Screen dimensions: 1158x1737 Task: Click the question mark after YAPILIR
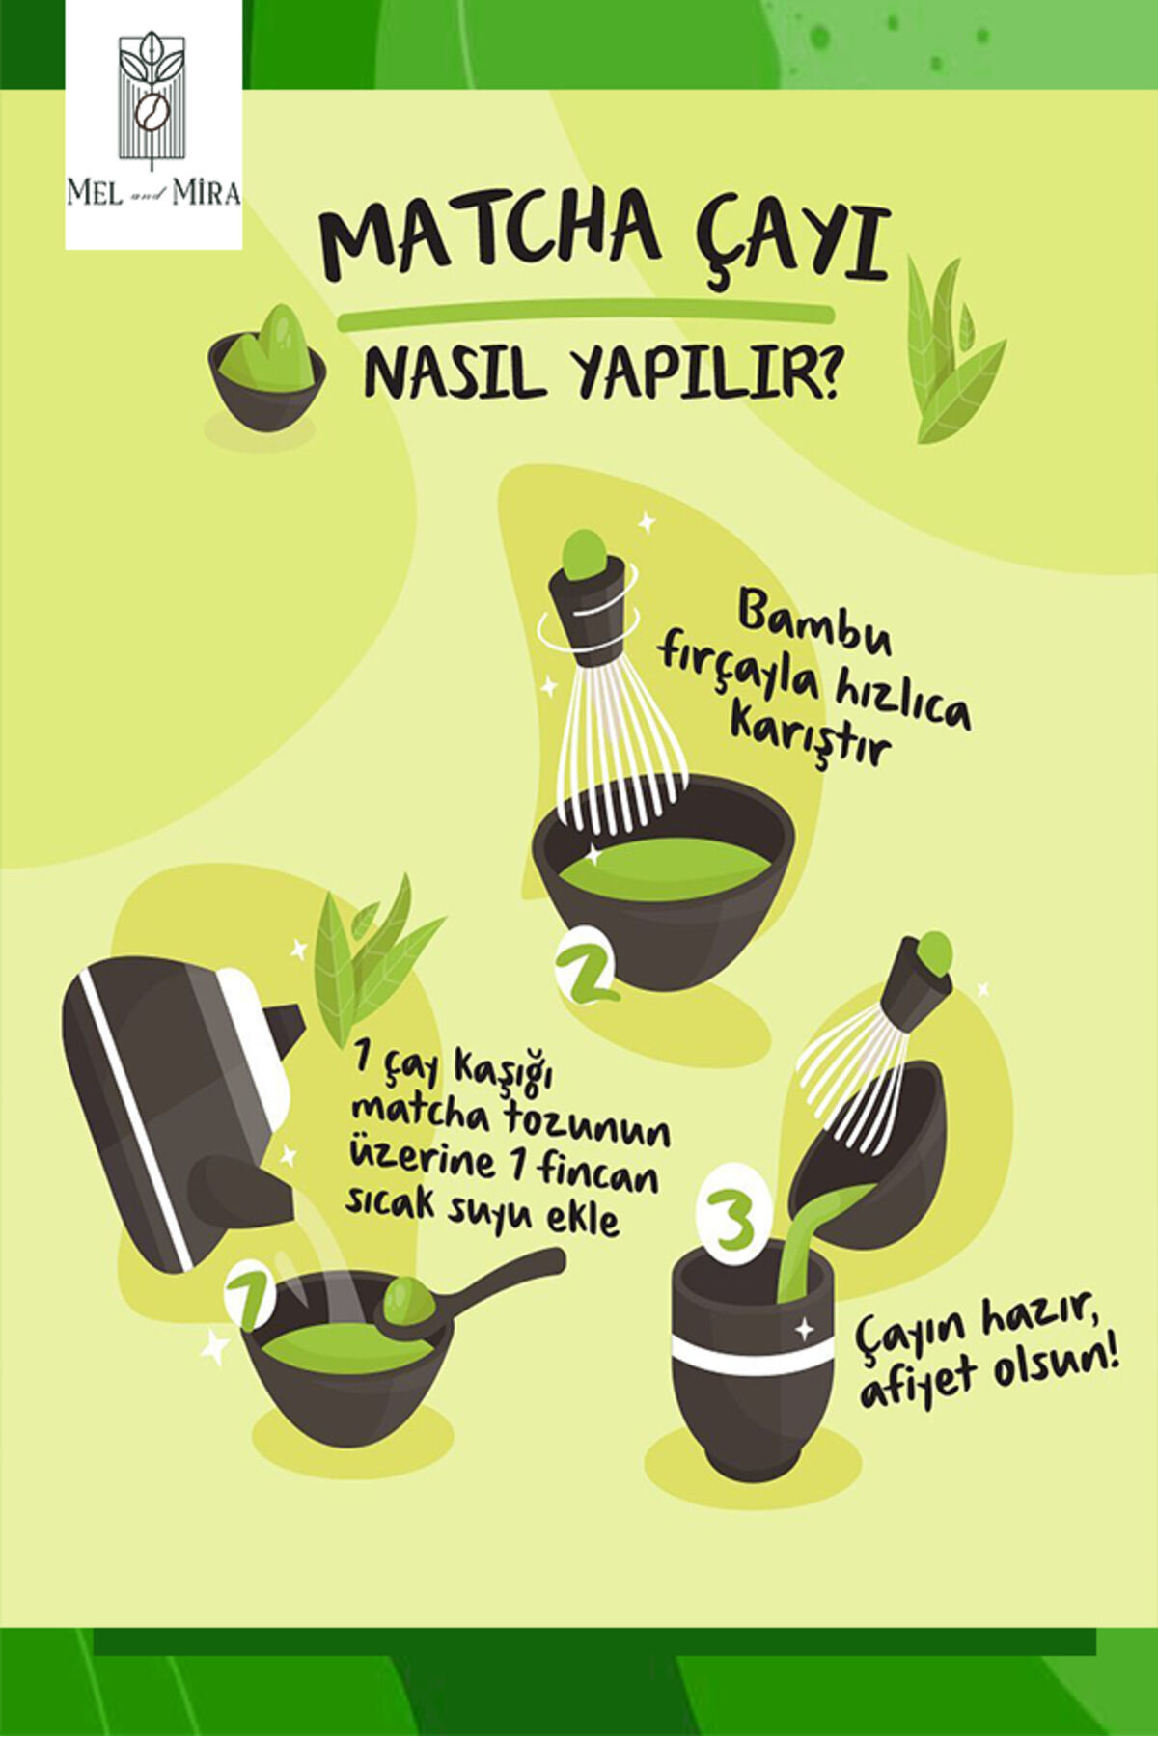[822, 372]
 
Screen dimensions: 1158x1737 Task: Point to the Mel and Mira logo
[153, 124]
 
